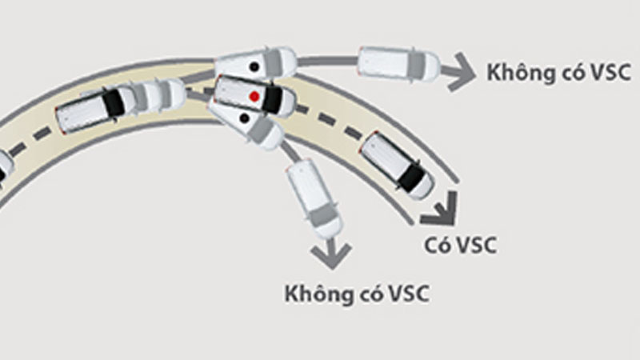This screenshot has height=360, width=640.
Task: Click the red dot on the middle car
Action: [254, 96]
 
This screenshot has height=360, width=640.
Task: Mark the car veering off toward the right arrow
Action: [398, 63]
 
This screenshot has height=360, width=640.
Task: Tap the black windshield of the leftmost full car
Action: [117, 101]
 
